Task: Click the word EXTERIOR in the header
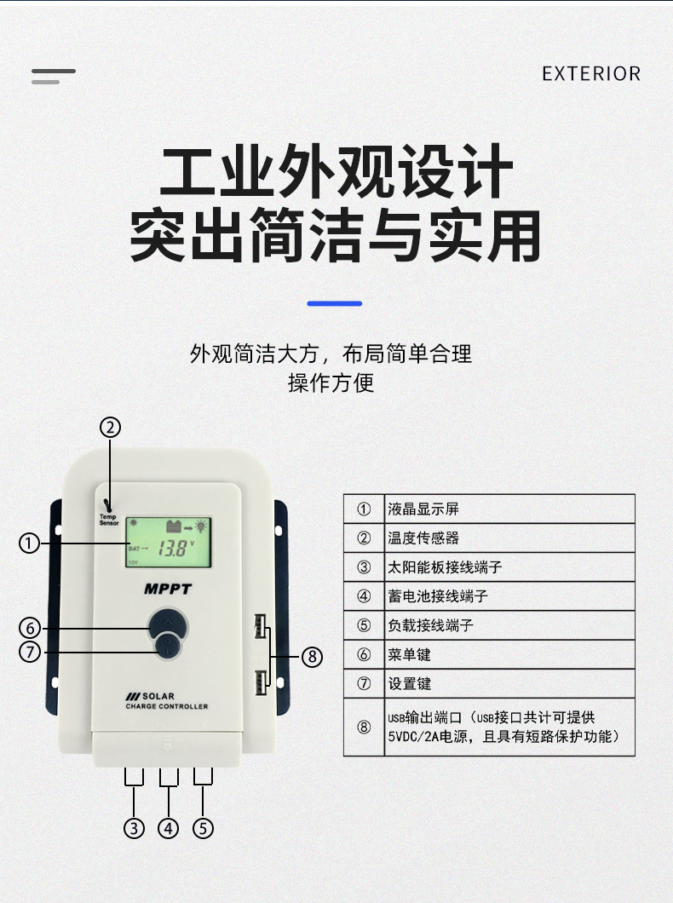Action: pos(591,74)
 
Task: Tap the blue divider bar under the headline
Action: pos(334,303)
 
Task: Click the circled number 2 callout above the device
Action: pos(111,427)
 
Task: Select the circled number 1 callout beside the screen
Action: pos(30,543)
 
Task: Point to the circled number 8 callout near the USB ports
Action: pos(313,656)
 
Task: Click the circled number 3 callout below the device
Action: pos(134,827)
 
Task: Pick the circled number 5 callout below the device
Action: pos(202,827)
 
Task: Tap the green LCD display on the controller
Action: pos(169,543)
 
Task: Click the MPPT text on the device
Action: pos(168,589)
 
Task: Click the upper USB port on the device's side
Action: pos(259,629)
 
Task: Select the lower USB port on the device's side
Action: pos(259,680)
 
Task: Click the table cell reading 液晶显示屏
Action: pos(424,509)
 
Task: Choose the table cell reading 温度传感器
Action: pos(424,538)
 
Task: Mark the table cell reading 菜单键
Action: pos(410,654)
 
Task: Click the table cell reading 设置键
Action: pos(410,683)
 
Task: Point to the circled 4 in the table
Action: pos(364,596)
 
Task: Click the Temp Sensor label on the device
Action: pos(109,519)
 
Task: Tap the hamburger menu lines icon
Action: pos(53,76)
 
